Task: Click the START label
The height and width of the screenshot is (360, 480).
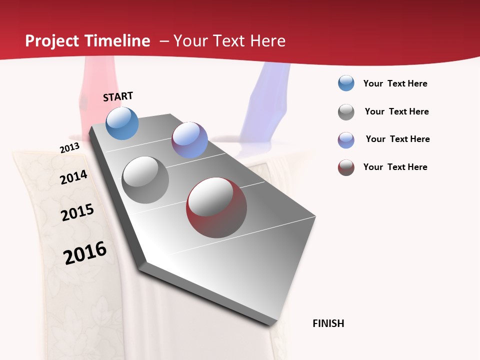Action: coord(118,96)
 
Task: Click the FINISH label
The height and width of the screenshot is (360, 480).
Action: coord(328,323)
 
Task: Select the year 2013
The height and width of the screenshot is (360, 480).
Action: coord(69,148)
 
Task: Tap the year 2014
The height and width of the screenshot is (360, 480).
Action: coord(73,177)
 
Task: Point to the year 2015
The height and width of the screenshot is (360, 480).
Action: coord(77,212)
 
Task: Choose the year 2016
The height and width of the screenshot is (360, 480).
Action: coord(85,252)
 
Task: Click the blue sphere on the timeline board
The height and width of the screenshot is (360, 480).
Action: coord(122,123)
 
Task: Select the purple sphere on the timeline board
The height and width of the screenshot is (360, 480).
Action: coord(189,140)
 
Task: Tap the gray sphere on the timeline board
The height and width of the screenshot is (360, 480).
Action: coord(145,180)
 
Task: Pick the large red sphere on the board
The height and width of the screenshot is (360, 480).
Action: coord(216,207)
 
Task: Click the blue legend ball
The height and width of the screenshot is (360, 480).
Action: coord(346,83)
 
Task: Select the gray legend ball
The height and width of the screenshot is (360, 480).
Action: coord(346,112)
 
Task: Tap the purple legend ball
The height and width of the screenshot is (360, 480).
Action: coord(346,140)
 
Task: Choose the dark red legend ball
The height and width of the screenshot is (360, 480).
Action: coord(346,167)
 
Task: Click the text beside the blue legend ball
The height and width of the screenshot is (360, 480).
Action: coord(395,83)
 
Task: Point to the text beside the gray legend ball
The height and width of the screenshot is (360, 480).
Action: coord(396,111)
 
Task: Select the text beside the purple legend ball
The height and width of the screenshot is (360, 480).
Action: coord(397,139)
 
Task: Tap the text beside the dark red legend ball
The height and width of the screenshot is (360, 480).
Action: coord(395,167)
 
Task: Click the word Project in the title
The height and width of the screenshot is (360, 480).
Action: coord(52,41)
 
